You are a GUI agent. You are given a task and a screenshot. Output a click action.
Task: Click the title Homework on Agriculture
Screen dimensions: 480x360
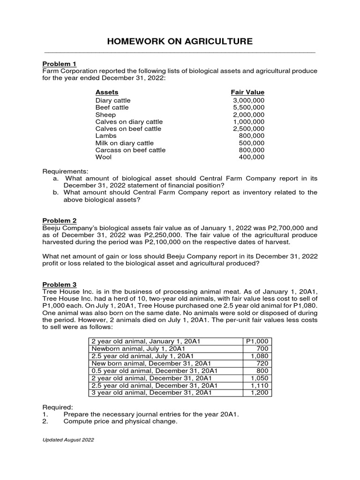pos(180,42)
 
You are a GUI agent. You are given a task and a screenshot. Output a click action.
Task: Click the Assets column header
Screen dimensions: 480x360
pos(107,92)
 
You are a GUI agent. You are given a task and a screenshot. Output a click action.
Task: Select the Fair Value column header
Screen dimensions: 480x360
pos(247,92)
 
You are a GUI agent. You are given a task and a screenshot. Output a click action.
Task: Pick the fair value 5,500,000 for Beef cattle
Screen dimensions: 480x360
pos(248,107)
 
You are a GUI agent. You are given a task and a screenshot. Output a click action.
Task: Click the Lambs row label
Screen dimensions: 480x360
pos(106,136)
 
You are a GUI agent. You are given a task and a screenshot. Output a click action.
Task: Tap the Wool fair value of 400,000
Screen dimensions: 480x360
pos(252,157)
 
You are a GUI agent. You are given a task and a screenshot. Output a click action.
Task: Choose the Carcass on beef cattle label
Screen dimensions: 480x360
pos(130,150)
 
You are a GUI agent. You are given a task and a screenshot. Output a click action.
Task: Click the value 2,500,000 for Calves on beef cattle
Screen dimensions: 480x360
pos(248,129)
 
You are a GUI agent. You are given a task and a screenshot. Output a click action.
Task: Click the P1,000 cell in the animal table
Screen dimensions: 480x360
pos(258,342)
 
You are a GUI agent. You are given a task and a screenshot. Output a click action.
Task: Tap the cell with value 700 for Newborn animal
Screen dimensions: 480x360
pos(262,349)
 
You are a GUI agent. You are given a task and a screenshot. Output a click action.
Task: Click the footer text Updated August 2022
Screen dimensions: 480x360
pos(68,440)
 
